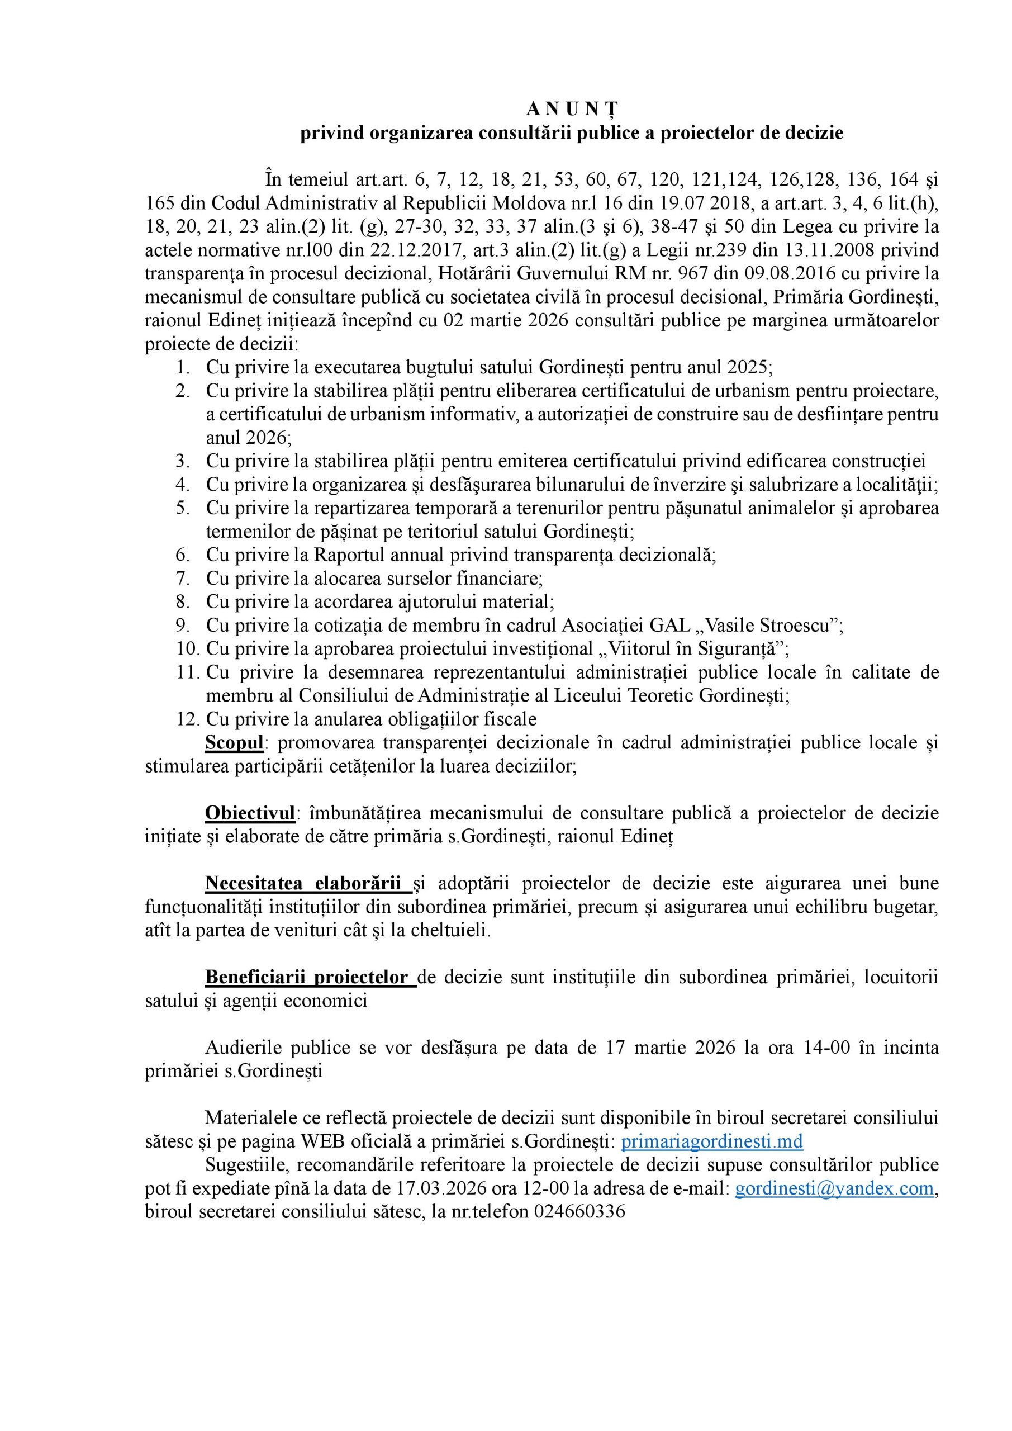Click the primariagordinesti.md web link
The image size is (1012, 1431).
[712, 1141]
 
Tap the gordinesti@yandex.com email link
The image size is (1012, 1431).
[834, 1188]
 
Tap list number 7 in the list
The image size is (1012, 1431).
[183, 579]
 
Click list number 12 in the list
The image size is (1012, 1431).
[187, 719]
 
